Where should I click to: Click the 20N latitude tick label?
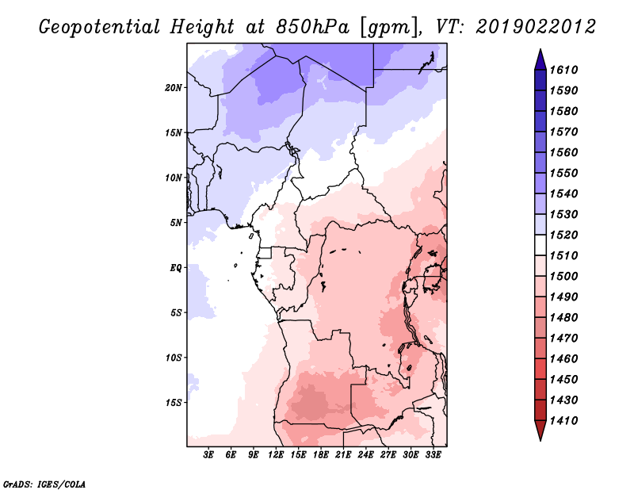point(174,88)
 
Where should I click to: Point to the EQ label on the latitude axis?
point(175,268)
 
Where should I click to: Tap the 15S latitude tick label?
point(174,403)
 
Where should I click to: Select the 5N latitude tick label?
point(176,223)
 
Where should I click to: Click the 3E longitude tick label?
point(208,455)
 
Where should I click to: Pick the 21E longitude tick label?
point(343,455)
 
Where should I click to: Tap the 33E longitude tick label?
point(433,455)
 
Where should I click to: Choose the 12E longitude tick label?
point(276,455)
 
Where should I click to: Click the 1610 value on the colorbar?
point(564,70)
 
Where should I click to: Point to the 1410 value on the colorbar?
point(564,420)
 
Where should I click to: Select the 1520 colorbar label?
point(564,235)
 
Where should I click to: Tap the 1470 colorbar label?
point(564,338)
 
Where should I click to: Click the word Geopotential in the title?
point(100,27)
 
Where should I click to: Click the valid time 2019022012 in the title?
point(536,27)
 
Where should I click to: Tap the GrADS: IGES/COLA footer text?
point(44,484)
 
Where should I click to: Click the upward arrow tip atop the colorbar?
point(540,49)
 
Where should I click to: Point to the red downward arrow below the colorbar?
point(540,431)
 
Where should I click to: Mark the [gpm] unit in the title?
point(388,28)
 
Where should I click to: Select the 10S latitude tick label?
point(174,358)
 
